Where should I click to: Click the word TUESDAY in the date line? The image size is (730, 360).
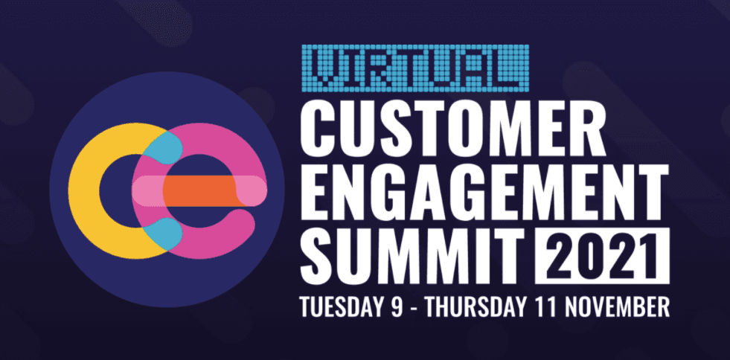(x=344, y=305)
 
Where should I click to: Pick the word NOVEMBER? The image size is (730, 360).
(x=621, y=305)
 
